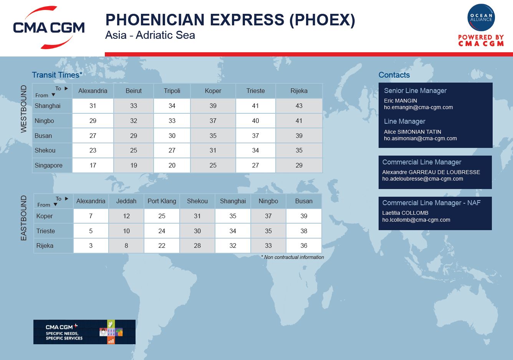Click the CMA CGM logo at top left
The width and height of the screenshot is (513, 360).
click(49, 27)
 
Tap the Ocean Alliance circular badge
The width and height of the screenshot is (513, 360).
click(481, 17)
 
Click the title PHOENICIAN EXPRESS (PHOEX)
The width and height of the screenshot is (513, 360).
click(230, 20)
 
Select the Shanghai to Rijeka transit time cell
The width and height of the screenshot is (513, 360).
click(299, 106)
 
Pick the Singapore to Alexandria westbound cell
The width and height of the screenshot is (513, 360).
click(93, 165)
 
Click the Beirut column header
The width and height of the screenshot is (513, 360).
click(134, 91)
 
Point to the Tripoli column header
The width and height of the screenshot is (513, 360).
click(172, 91)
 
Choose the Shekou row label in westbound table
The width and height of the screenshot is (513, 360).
click(45, 150)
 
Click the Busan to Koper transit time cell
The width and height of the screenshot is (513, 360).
click(213, 136)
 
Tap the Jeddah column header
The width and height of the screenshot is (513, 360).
click(126, 201)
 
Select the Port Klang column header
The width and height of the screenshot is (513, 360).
click(162, 201)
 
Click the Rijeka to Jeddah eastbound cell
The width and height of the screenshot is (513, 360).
click(126, 246)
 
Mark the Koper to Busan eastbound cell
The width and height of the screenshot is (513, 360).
click(304, 216)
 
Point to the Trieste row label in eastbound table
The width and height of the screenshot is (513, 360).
click(46, 231)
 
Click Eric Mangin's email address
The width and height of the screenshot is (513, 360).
click(419, 107)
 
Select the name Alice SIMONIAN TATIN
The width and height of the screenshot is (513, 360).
click(412, 132)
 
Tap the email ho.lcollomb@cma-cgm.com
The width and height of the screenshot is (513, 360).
click(416, 220)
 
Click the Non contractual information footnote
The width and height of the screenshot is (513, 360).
click(293, 257)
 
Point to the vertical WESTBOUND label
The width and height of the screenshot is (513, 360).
click(23, 109)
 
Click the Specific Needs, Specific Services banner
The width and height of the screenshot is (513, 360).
click(84, 332)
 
